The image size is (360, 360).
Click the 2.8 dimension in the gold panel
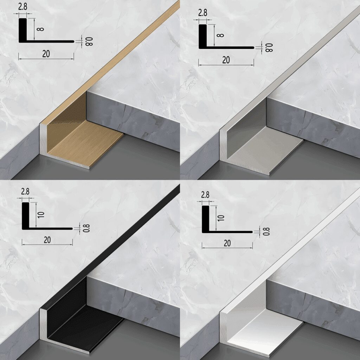23,7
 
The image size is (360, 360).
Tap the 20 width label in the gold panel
46,54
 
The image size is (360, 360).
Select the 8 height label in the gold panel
40,29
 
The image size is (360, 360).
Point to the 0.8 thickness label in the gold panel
89,41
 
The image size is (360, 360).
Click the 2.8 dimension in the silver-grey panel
203,13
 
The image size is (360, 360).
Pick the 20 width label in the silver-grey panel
226,60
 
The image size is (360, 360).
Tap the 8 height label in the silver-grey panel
220,35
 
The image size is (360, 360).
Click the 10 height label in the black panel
41,215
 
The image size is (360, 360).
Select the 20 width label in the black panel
47,240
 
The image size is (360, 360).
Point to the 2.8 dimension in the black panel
25,192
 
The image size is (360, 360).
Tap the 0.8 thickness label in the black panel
86,228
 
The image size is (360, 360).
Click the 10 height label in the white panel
221,218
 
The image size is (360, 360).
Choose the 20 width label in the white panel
227,243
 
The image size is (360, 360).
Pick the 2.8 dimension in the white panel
205,195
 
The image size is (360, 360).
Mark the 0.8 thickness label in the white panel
266,231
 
